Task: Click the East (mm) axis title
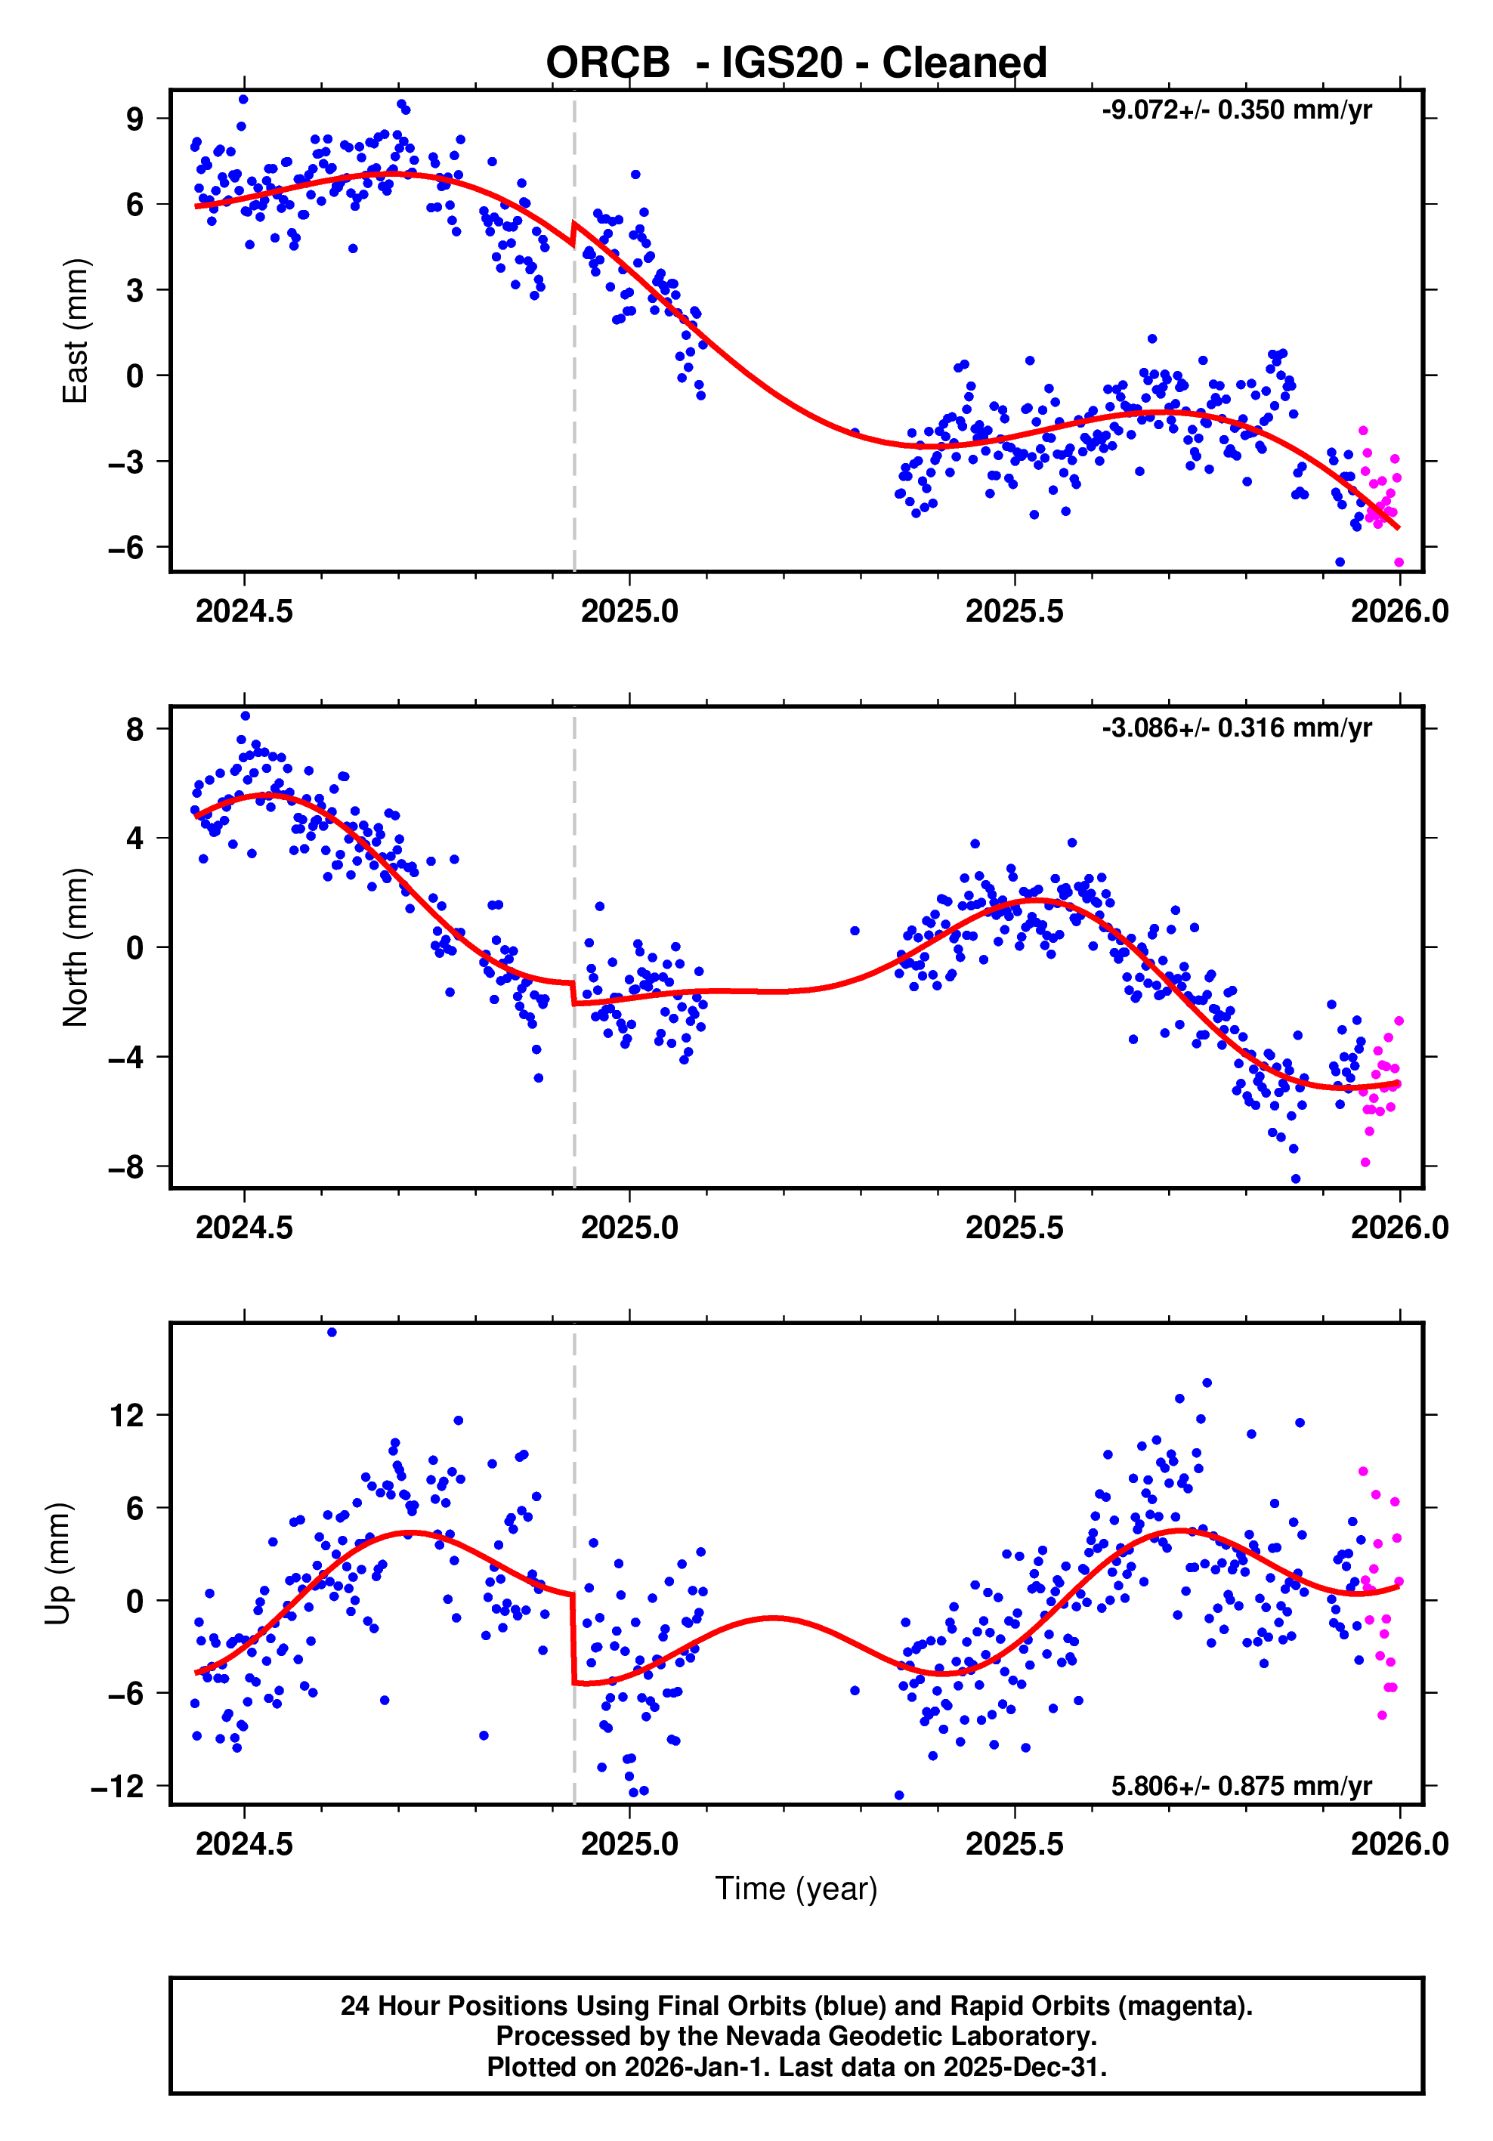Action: [x=75, y=331]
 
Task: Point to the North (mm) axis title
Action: [x=75, y=947]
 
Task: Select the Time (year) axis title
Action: [x=796, y=1888]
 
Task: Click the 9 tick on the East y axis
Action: [x=136, y=119]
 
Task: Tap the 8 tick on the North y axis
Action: [x=136, y=728]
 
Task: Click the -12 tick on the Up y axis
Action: [x=119, y=1786]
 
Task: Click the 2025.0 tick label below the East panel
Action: [x=629, y=612]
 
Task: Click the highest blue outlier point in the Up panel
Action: [x=332, y=1333]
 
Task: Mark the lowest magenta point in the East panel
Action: [x=1398, y=562]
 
